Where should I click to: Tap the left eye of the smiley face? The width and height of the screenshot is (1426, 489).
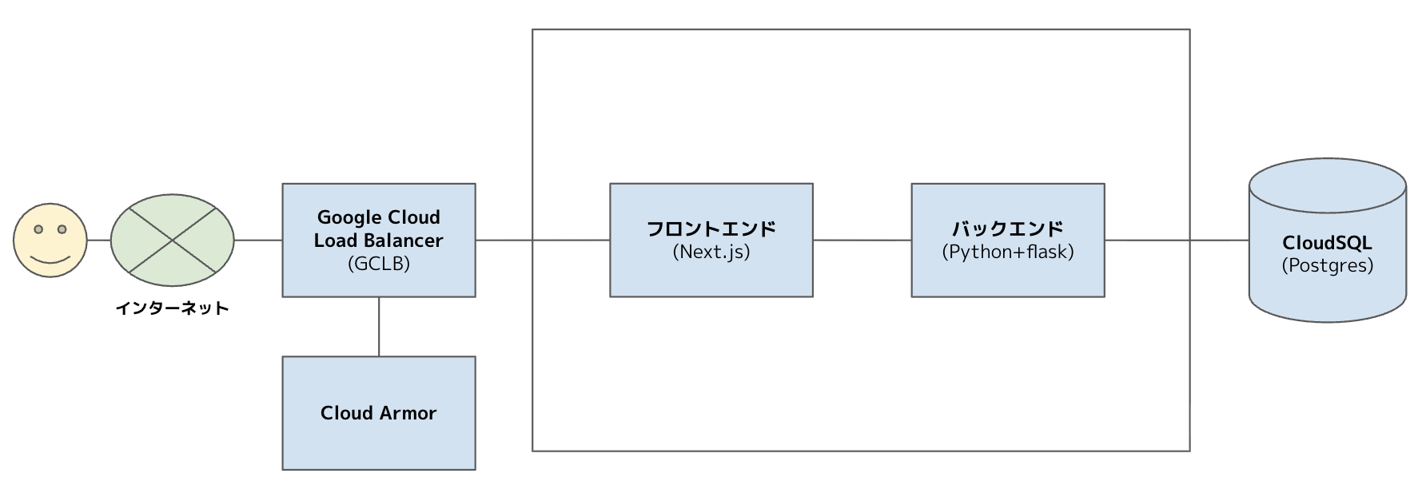point(38,229)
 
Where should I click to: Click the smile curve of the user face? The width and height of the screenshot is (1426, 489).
point(50,260)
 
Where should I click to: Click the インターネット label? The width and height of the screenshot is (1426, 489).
point(172,308)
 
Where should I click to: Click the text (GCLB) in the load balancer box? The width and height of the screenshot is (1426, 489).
point(378,264)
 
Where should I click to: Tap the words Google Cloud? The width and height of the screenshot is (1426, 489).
point(378,217)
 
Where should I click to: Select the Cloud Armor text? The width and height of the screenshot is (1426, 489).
point(378,413)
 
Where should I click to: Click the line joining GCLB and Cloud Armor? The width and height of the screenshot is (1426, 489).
point(379,327)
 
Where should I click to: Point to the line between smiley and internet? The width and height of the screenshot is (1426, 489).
point(98,240)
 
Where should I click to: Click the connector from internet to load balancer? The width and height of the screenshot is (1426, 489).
point(257,240)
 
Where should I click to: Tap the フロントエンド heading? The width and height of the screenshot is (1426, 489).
point(711,229)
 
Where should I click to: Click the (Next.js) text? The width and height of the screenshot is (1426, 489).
point(711,252)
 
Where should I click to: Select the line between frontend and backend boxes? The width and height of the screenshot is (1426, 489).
point(862,240)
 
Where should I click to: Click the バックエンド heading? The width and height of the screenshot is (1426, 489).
point(1007,229)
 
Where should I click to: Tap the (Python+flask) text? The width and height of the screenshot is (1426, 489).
point(1007,252)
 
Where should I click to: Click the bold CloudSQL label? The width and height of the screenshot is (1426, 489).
point(1327,243)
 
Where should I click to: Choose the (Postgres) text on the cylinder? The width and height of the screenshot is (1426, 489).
point(1327,265)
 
